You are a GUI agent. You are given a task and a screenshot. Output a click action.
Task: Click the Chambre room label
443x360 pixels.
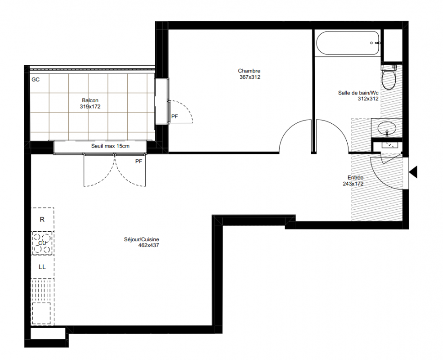pyautogui.click(x=249, y=71)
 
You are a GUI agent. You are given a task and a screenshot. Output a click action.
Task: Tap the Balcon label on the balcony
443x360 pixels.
pyautogui.click(x=90, y=100)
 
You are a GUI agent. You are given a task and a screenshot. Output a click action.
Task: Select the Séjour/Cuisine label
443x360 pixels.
pyautogui.click(x=141, y=239)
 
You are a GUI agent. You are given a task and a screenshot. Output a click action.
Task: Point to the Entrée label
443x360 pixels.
pyautogui.click(x=355, y=177)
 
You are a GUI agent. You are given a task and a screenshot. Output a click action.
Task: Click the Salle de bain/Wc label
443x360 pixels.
pyautogui.click(x=358, y=93)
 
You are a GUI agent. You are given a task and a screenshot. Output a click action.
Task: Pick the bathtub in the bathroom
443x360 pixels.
pyautogui.click(x=348, y=43)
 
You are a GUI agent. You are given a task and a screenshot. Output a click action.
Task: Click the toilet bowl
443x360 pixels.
pyautogui.click(x=389, y=77)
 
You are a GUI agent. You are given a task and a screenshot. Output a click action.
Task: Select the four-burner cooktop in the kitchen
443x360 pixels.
pyautogui.click(x=42, y=243)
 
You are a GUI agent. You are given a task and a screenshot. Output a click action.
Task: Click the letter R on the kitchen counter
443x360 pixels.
pyautogui.click(x=42, y=220)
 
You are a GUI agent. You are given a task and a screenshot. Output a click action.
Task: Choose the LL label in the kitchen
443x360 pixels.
pyautogui.click(x=42, y=267)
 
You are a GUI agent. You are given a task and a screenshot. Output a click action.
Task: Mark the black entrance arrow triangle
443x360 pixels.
pyautogui.click(x=413, y=172)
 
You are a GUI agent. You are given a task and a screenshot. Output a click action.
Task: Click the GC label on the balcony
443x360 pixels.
pyautogui.click(x=36, y=80)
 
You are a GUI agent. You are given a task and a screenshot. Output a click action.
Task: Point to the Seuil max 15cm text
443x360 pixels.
pyautogui.click(x=110, y=146)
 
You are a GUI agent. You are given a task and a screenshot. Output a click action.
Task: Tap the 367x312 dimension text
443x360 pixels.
pyautogui.click(x=250, y=77)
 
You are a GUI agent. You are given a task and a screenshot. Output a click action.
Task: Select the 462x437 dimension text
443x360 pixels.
pyautogui.click(x=148, y=245)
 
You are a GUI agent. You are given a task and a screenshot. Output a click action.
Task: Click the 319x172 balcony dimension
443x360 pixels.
pyautogui.click(x=90, y=107)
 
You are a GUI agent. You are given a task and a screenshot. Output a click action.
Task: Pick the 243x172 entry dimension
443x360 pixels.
pyautogui.click(x=353, y=184)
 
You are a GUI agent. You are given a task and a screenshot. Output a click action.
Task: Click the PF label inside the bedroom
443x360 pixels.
pyautogui.click(x=175, y=116)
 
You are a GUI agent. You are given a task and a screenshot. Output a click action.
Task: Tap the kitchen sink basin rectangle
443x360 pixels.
pyautogui.click(x=41, y=313)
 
